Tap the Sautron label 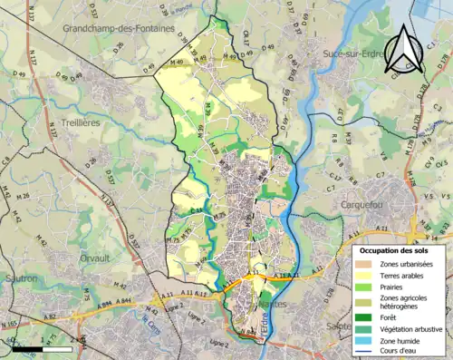20,277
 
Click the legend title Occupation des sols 400,249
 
